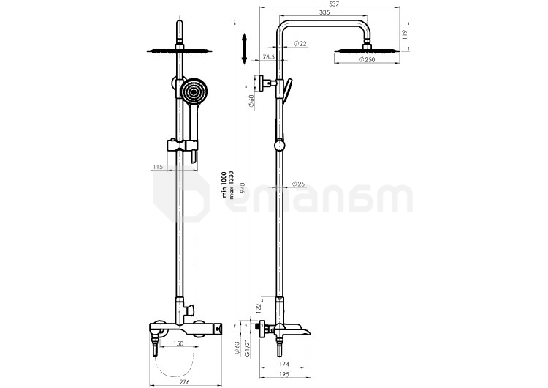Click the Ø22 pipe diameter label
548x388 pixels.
tap(299, 45)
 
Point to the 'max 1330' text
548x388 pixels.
tap(232, 185)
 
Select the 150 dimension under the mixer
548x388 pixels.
tap(178, 343)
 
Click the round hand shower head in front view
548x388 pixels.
tap(194, 93)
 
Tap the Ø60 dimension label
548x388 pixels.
tap(251, 102)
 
